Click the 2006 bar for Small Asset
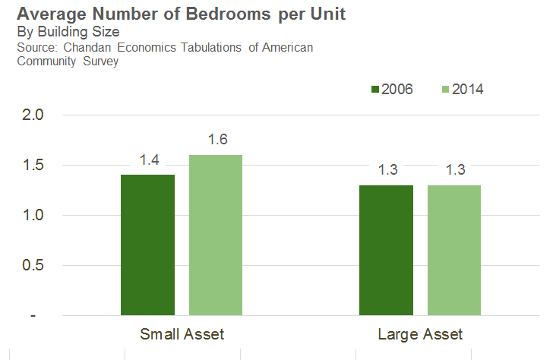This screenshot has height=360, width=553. (x=147, y=245)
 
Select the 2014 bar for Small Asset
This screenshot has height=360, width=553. (x=216, y=235)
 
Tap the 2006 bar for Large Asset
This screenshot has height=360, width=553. (x=387, y=250)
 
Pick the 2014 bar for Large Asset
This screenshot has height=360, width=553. (x=454, y=250)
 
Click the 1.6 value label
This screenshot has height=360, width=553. (x=218, y=140)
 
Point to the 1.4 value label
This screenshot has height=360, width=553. (x=149, y=159)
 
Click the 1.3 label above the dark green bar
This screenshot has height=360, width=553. (x=387, y=169)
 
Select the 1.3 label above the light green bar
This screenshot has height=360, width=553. (x=456, y=169)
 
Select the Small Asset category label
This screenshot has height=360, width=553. (x=182, y=334)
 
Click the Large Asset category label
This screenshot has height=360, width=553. (x=420, y=334)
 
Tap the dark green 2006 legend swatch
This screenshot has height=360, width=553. (x=374, y=90)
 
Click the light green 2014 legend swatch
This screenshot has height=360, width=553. (x=444, y=90)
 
